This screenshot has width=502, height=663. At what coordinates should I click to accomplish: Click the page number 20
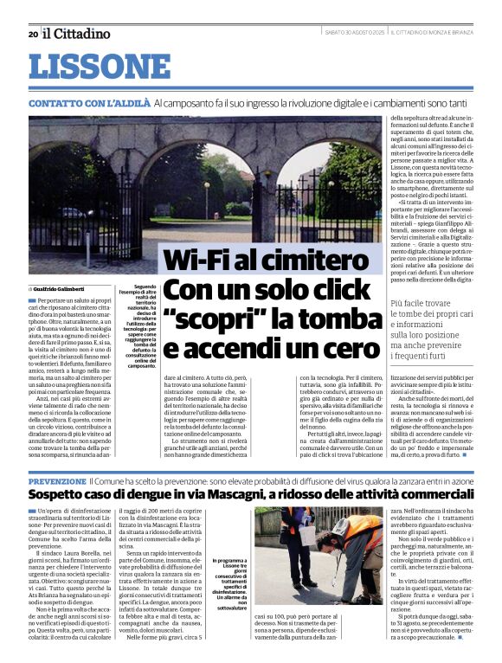(x=33, y=34)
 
